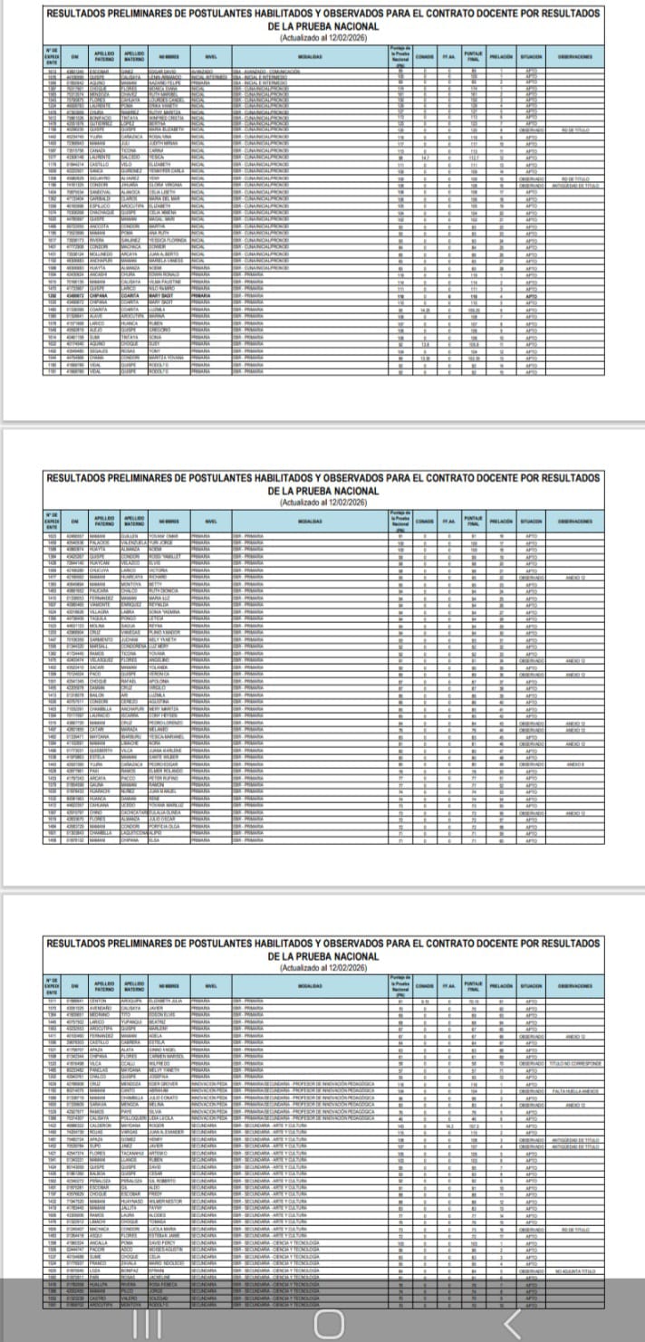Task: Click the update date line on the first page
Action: point(322,38)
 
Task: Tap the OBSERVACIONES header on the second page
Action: point(575,521)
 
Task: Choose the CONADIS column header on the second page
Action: point(424,521)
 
